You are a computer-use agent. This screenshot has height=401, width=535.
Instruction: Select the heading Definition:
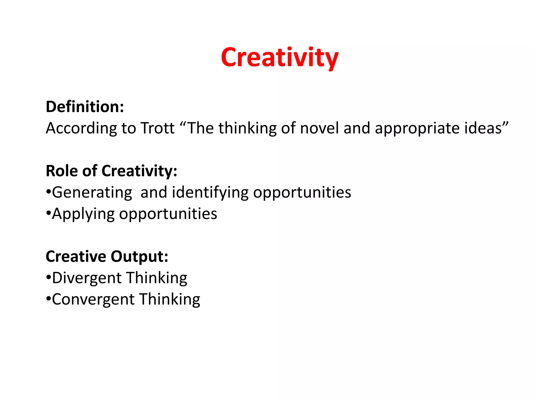pos(85,107)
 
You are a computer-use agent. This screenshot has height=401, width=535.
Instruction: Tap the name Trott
pos(158,128)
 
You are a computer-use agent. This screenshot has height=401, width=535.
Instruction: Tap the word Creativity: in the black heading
pos(139,172)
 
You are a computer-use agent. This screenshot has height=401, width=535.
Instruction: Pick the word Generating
pos(92,193)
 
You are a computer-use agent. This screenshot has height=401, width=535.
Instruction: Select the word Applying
pos(83,214)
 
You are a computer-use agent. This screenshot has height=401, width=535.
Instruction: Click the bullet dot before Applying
pos(48,213)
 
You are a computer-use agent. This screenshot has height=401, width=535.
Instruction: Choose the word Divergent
pos(87,278)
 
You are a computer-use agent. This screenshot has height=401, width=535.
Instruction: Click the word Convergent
pos(93,299)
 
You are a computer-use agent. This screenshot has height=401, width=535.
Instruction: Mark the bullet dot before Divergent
pos(48,277)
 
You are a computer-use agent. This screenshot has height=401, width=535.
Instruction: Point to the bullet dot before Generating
pos(48,192)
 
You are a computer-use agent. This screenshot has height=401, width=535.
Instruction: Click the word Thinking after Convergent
pos(170,299)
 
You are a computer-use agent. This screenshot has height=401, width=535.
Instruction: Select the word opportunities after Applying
pos(168,214)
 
